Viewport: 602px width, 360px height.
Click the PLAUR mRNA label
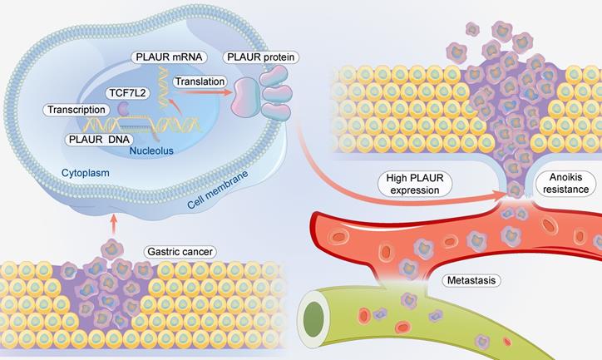pos(166,57)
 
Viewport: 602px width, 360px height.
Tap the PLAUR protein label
pos(262,57)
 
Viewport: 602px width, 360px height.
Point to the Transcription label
pos(76,109)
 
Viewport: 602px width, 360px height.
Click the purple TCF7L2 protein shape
pos(123,108)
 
